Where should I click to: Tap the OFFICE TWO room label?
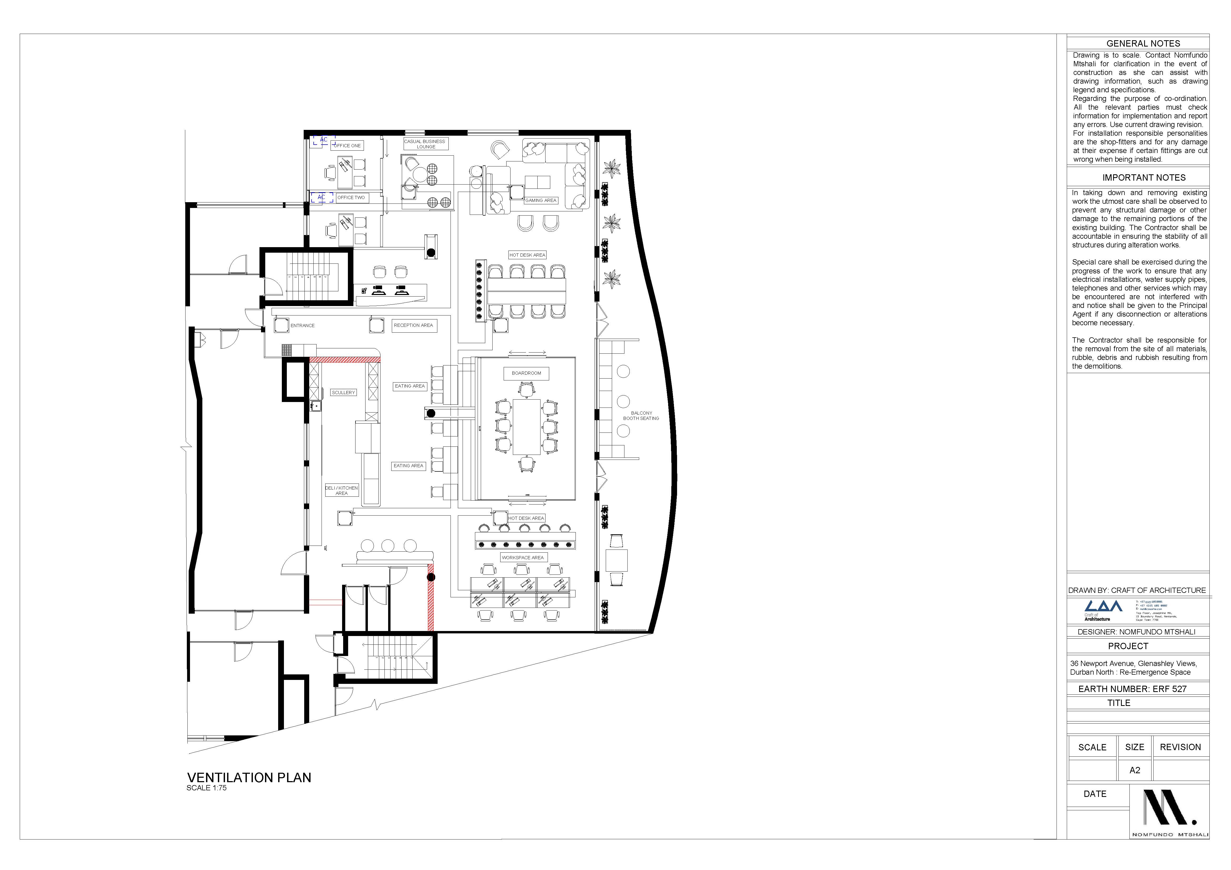coord(351,198)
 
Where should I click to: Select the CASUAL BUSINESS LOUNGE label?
coord(425,144)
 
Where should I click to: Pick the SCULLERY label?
coord(343,393)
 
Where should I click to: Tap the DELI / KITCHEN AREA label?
coord(342,490)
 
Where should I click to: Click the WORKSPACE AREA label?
coord(523,558)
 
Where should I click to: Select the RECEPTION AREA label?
coord(413,325)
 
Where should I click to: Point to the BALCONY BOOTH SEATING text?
coord(641,416)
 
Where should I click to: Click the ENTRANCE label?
coord(302,326)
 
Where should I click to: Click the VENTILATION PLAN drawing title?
coord(249,777)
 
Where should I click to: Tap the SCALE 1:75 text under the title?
coord(206,788)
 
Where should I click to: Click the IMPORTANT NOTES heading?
coord(1144,177)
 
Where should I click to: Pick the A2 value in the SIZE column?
coord(1134,770)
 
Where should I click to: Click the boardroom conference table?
coord(527,427)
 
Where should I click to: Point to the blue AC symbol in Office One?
coord(324,140)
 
